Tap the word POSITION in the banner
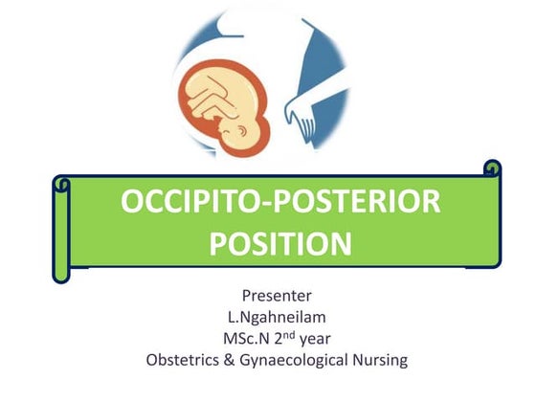pos(280,242)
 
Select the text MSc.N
pos(247,338)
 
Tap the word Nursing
pos(382,360)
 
